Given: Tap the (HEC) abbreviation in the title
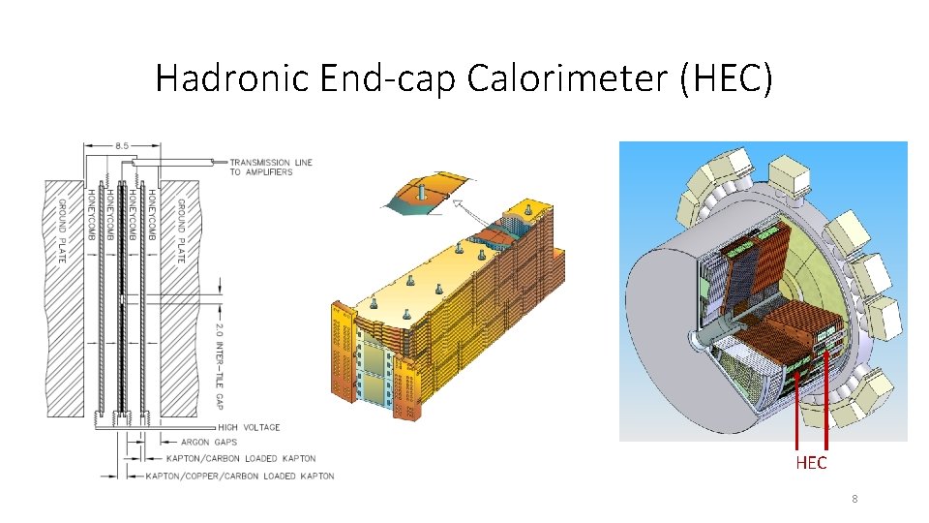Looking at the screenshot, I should (726, 77).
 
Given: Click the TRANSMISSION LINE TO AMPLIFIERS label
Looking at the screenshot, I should (271, 167).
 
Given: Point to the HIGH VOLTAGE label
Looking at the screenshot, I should (249, 427).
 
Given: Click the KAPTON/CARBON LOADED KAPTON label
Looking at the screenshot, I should (241, 458).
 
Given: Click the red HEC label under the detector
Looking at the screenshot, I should (811, 463).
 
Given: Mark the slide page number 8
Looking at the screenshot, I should (854, 500).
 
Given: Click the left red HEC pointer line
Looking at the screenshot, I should (797, 407).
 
